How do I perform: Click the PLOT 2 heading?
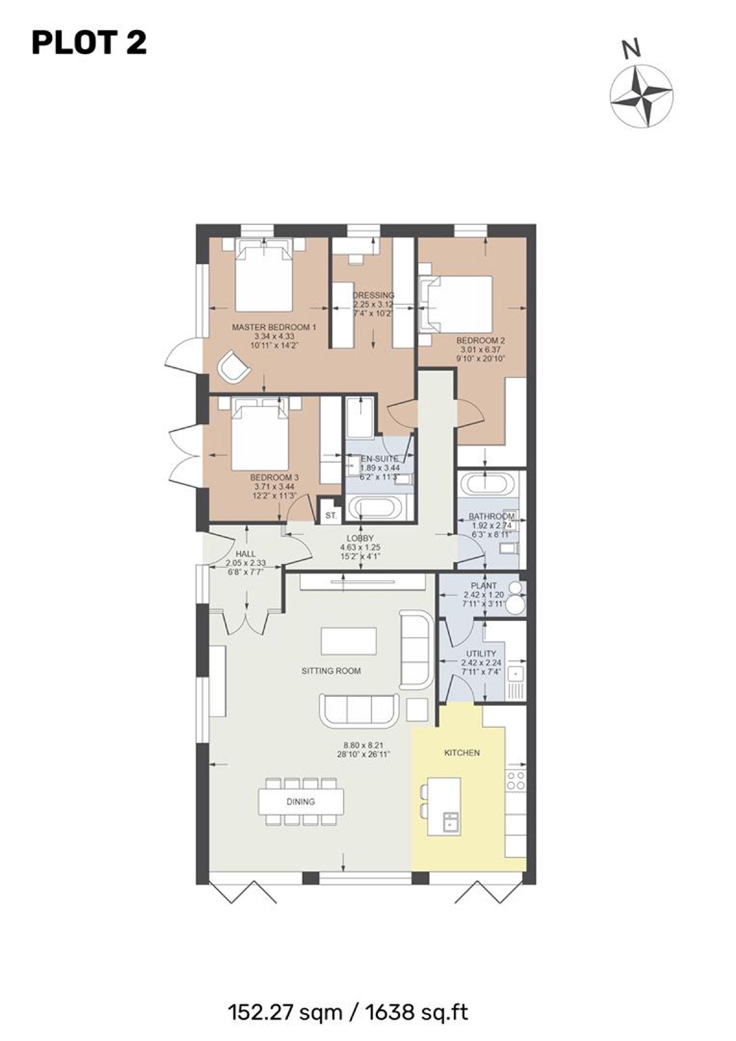(89, 43)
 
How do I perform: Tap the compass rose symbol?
(642, 96)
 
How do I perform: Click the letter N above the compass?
(631, 48)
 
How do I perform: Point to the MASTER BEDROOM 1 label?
(274, 327)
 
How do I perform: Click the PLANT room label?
(484, 586)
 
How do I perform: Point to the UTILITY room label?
(481, 654)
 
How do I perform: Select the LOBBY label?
(360, 538)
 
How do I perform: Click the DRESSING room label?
(373, 295)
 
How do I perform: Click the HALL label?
(245, 554)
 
